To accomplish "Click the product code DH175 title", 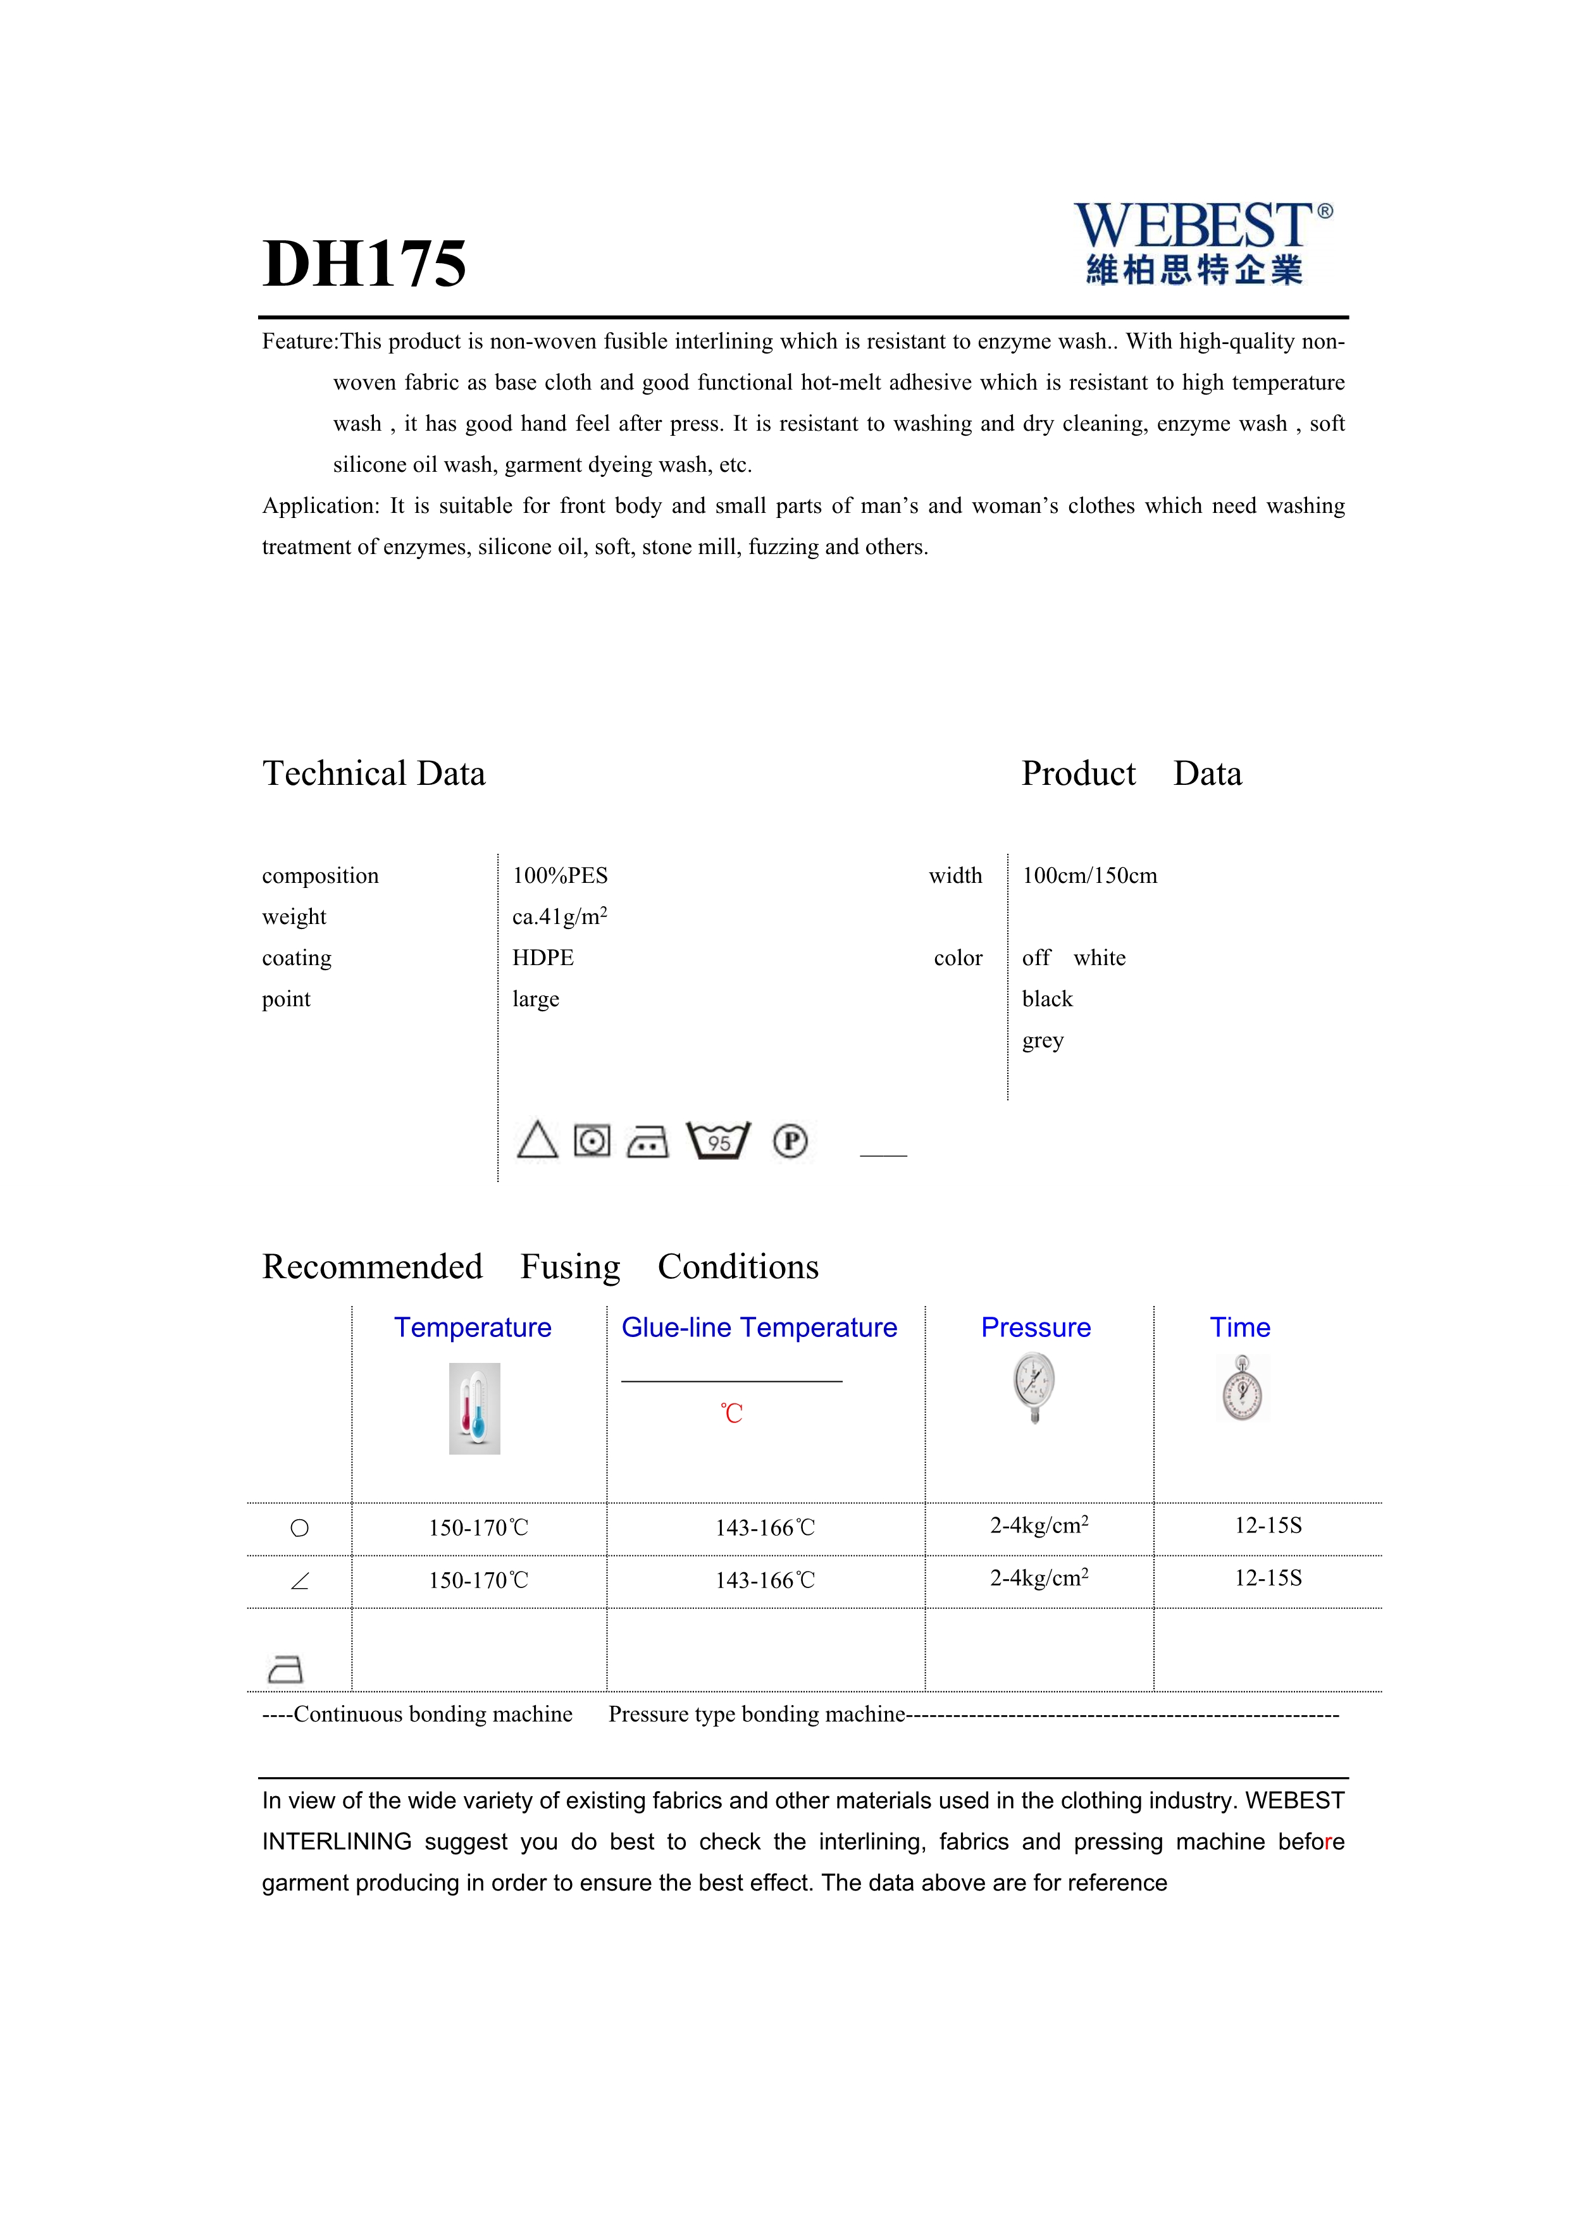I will pos(364,264).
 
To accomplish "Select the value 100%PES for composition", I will pos(559,875).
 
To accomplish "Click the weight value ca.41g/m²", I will pos(559,916).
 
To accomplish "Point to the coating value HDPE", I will pos(543,958).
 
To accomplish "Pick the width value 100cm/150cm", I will pos(1089,875).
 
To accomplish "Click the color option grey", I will pos(1043,1040).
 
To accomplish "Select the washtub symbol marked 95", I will pos(718,1141).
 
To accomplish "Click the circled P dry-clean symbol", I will pos(790,1141).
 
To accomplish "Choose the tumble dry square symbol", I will pos(592,1141).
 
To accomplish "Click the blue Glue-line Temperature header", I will pos(759,1328).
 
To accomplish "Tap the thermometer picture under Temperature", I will pos(474,1408).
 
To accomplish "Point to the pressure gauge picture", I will pos(1035,1387).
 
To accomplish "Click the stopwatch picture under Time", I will pos(1241,1388).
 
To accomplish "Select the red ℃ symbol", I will pos(731,1414).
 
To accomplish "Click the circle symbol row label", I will pos(299,1528).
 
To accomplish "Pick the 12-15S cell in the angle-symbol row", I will pos(1268,1577).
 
